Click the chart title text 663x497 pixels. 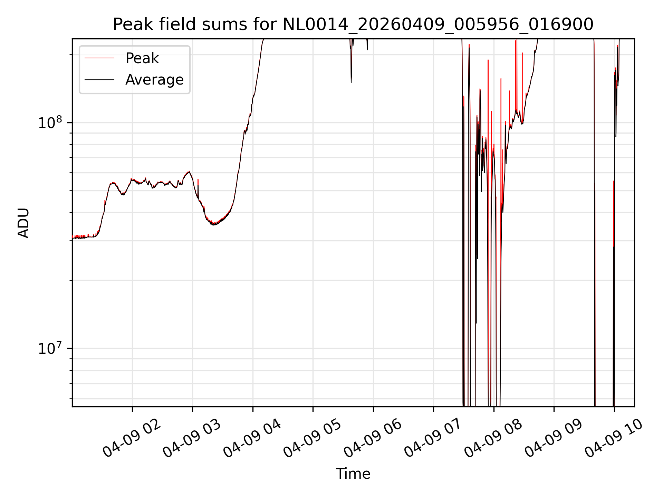point(353,25)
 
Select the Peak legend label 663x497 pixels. point(142,58)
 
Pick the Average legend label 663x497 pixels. point(154,80)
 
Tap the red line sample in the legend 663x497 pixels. point(99,58)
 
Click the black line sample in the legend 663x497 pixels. point(99,80)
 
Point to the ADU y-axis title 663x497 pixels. point(23,223)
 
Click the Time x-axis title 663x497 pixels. point(353,474)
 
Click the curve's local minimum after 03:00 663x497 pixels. point(214,225)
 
